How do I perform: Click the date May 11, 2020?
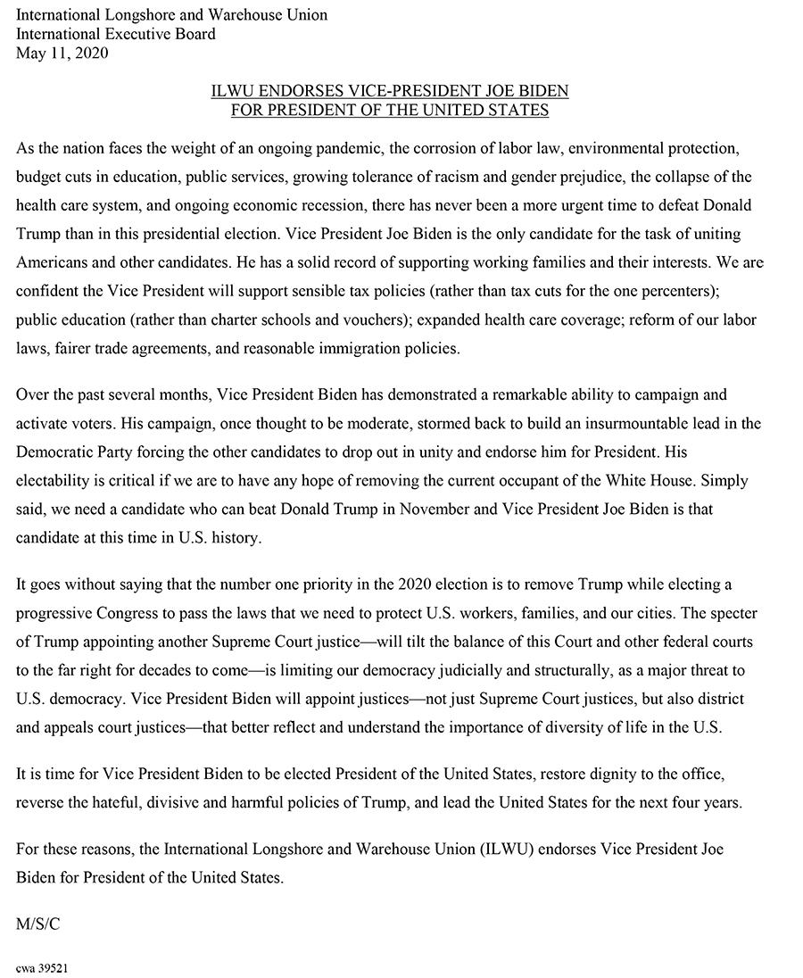[x=62, y=54]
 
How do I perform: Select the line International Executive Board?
[x=116, y=35]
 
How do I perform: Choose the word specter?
[x=722, y=613]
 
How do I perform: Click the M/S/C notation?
[x=38, y=924]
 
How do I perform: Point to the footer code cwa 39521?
[x=43, y=967]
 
